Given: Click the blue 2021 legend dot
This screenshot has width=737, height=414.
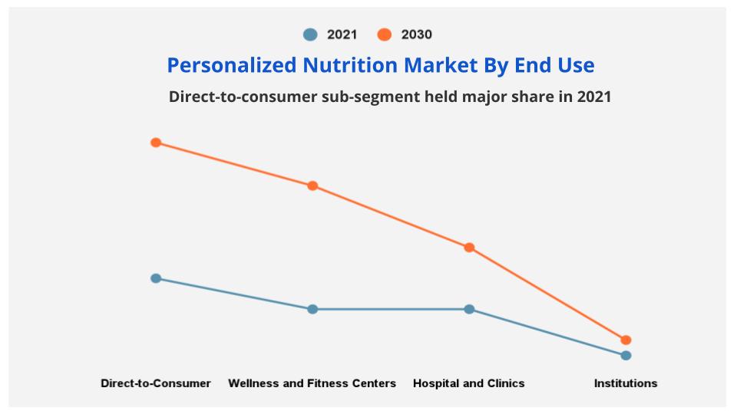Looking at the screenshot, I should pos(310,34).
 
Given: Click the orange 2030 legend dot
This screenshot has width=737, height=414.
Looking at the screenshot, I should pos(385,34).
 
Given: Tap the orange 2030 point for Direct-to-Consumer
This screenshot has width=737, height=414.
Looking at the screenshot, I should pos(156,143).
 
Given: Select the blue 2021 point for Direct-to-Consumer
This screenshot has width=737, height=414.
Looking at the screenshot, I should pos(156,278).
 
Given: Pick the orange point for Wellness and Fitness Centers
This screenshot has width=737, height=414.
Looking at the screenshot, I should pos(312,186).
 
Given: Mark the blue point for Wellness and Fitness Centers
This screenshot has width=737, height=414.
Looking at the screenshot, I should pos(312,309).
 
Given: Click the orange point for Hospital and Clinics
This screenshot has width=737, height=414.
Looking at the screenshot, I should pos(469,248).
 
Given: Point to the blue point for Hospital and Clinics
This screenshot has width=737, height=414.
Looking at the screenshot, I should pos(469,309).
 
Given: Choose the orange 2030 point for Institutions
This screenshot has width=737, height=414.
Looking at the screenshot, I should pos(626,340).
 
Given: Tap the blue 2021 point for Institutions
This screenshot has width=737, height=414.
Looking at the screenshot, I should pos(626,355).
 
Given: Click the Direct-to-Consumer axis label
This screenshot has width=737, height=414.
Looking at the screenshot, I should pos(156,383).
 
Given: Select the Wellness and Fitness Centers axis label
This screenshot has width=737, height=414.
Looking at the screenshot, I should pos(312,383).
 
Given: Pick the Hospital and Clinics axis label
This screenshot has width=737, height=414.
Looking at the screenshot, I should pos(469,383).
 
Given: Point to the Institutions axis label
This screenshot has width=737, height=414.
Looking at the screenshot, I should pos(626,383).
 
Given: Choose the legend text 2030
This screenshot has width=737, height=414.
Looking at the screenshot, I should pos(417,34).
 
